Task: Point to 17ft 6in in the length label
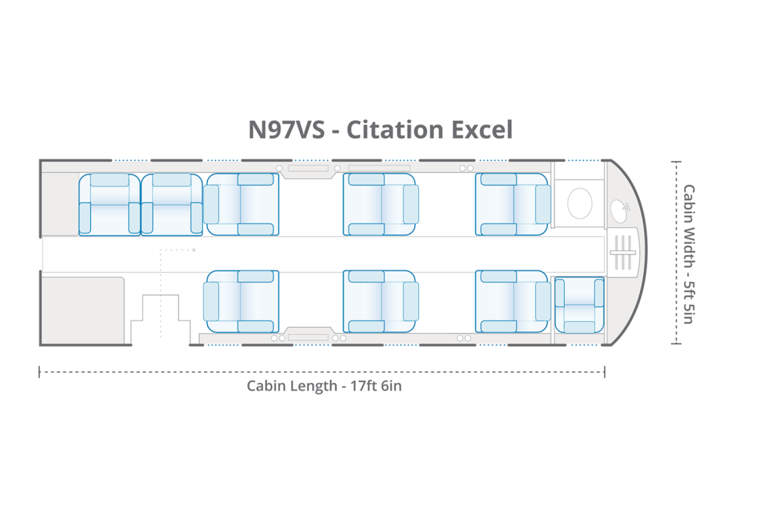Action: (x=375, y=387)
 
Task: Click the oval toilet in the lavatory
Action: (x=580, y=202)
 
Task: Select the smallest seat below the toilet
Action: (x=579, y=305)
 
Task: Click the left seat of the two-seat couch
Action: (x=110, y=205)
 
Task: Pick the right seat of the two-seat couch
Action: (x=171, y=205)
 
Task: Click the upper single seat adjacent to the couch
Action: (x=241, y=204)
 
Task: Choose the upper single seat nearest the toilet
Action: (x=513, y=204)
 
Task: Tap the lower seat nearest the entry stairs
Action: (x=241, y=301)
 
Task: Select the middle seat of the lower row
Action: (x=380, y=301)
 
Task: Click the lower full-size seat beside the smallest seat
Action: (x=513, y=301)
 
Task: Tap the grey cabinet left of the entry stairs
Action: (x=82, y=310)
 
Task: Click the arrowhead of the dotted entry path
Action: (x=194, y=250)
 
